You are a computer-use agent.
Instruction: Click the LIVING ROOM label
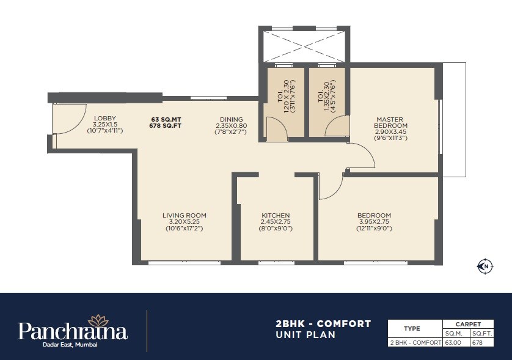(184, 215)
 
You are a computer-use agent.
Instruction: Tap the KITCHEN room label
(276, 215)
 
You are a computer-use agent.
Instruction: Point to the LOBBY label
(104, 118)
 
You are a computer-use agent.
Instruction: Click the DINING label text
(231, 119)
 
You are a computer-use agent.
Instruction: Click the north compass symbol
(484, 265)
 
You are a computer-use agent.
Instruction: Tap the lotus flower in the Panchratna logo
(98, 320)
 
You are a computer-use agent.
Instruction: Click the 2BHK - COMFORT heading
(324, 323)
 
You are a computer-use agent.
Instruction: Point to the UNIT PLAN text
(305, 335)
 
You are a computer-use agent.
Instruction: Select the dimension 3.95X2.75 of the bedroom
(374, 222)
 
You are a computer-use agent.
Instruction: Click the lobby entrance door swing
(67, 119)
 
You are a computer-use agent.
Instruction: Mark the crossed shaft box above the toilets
(304, 45)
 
